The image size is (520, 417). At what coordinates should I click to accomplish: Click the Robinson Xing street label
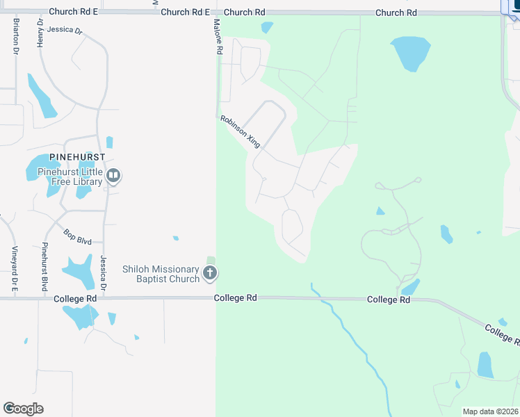point(241,131)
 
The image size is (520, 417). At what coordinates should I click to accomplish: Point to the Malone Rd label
point(218,38)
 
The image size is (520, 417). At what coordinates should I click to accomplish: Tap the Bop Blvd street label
point(78,236)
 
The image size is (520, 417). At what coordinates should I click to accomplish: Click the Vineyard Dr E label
point(13,269)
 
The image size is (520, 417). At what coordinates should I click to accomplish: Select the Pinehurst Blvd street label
point(44,267)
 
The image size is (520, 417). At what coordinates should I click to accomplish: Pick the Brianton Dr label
point(15,36)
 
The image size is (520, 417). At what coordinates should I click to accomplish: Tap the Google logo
point(23,409)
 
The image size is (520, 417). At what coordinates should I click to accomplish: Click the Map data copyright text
point(491,411)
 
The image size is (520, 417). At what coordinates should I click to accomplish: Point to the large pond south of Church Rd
point(411,53)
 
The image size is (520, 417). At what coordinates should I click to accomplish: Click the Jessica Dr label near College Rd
point(103,272)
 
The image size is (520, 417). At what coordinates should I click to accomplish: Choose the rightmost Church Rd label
point(396,13)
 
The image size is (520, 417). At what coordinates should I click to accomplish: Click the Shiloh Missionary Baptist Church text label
point(161,274)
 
